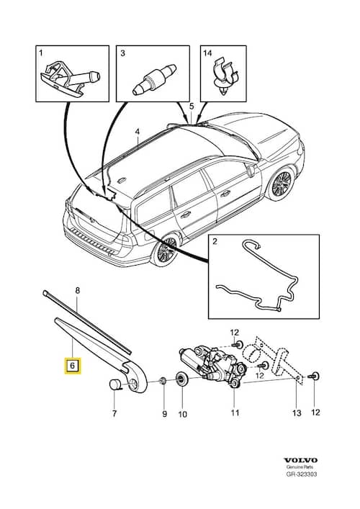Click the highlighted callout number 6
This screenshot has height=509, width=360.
click(73, 366)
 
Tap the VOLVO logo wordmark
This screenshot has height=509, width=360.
click(300, 460)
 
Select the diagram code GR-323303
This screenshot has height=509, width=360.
click(301, 474)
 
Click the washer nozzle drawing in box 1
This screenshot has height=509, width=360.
click(70, 79)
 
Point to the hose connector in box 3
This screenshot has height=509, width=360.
click(154, 79)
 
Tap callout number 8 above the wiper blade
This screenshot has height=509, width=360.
click(77, 291)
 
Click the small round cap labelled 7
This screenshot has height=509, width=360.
click(114, 384)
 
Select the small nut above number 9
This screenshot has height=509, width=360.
click(163, 380)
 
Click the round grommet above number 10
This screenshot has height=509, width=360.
click(181, 379)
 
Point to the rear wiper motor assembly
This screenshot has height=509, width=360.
click(212, 365)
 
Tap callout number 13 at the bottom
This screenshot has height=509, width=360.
click(297, 413)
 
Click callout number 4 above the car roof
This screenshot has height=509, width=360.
click(138, 132)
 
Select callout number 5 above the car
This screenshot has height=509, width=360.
click(192, 106)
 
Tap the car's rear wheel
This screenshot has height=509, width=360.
click(166, 250)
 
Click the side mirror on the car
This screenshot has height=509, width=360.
click(251, 171)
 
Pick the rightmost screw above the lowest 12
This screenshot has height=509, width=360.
click(315, 377)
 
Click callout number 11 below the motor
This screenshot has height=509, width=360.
click(235, 413)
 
